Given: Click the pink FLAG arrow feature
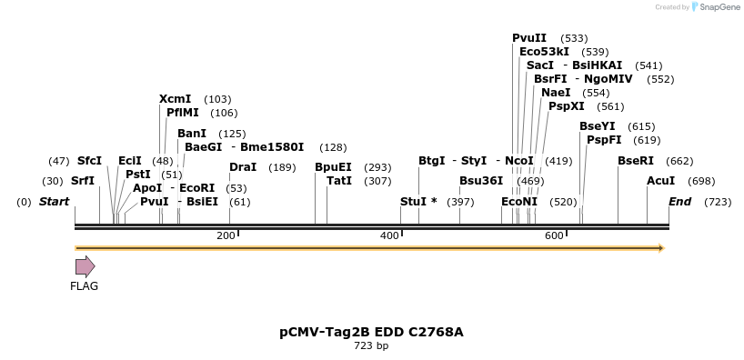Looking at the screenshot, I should tap(85, 266).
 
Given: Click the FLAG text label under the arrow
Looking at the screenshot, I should tap(84, 286).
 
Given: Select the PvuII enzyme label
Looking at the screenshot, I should tap(529, 38).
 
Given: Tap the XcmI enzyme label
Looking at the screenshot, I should tap(175, 99).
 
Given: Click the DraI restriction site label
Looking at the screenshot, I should tap(243, 167).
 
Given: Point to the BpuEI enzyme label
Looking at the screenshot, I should tap(333, 167).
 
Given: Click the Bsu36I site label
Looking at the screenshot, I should tap(481, 181).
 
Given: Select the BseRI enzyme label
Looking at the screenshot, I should tap(636, 161).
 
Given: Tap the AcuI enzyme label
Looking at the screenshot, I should tap(661, 181).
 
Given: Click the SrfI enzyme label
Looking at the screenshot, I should tap(83, 181).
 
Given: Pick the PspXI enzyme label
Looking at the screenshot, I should tap(567, 106).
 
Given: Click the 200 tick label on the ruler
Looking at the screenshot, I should tap(226, 236).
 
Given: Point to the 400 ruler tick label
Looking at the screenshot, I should tap(389, 236).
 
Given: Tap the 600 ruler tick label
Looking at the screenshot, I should tap(554, 236).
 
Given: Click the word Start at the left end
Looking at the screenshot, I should tap(54, 201).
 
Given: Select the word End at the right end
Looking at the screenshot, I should tap(680, 201).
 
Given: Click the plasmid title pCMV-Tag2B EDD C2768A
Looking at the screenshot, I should tap(371, 332).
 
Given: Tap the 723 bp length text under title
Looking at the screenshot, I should tap(371, 345).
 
